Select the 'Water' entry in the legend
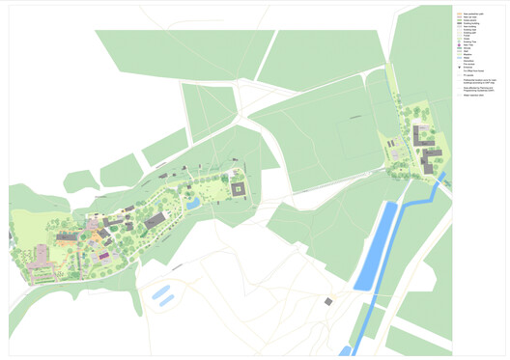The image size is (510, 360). tap(467, 57)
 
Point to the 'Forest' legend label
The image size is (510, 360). tap(467, 37)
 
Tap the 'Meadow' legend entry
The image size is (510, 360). tap(468, 54)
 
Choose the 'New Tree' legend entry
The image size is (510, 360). tap(467, 45)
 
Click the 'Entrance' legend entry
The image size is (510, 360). tap(468, 67)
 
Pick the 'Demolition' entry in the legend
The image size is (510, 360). tap(468, 61)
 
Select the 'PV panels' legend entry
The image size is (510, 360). tap(468, 75)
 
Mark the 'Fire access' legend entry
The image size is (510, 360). tap(468, 64)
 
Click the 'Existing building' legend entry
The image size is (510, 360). tap(470, 23)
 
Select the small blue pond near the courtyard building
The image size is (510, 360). tap(193, 204)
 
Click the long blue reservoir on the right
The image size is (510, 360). tap(377, 246)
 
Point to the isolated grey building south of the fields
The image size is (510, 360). tap(328, 302)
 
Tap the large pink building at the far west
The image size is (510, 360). tap(40, 259)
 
